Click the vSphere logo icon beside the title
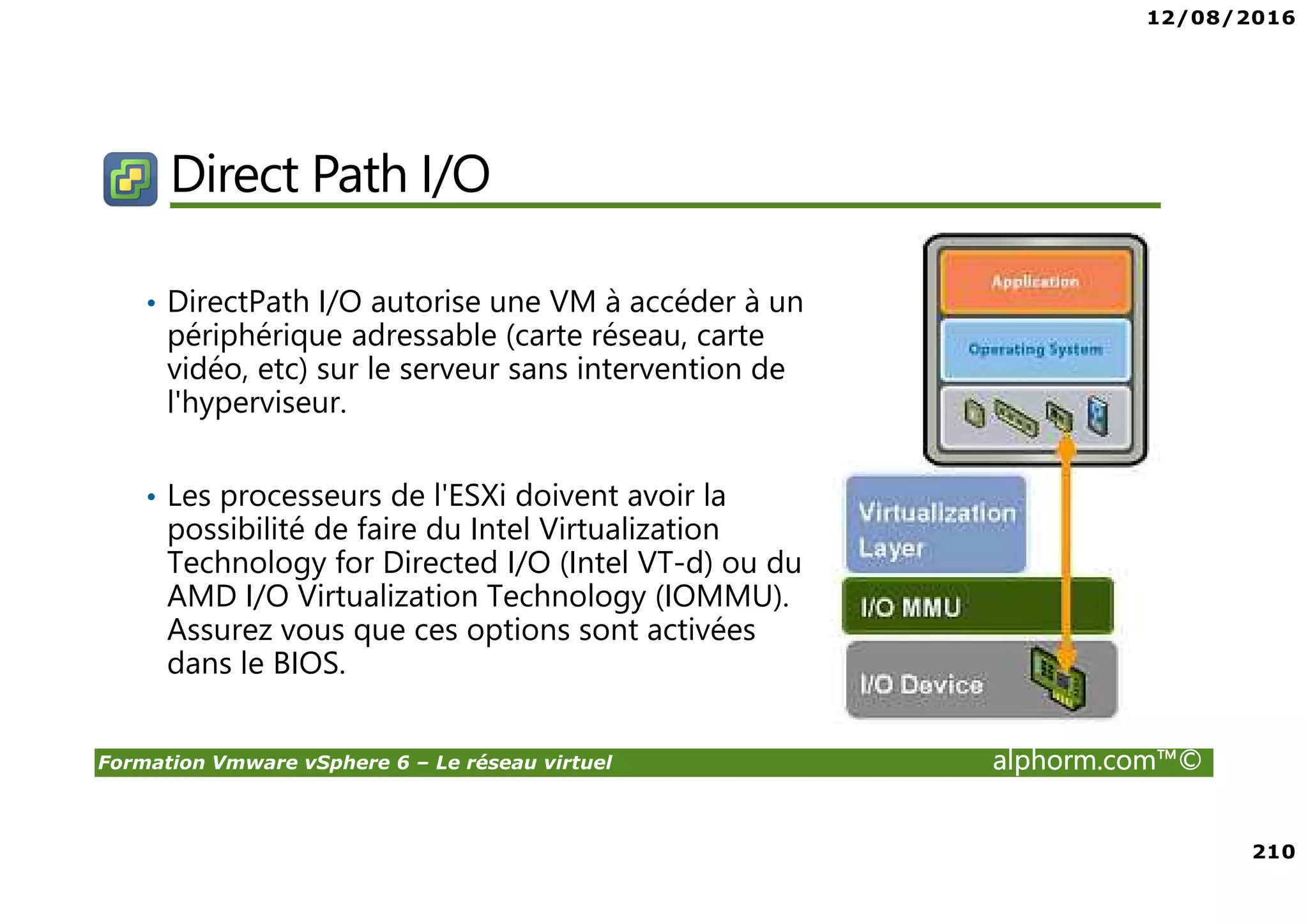click(x=130, y=179)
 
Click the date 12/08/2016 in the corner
click(x=1221, y=18)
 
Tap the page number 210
click(x=1274, y=851)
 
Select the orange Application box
click(x=1035, y=282)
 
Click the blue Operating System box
click(x=1035, y=349)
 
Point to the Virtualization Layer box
click(x=935, y=524)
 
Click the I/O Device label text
click(x=921, y=685)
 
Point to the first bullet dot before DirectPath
click(x=151, y=303)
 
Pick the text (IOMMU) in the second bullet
click(x=722, y=596)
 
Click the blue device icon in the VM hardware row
click(x=1098, y=416)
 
